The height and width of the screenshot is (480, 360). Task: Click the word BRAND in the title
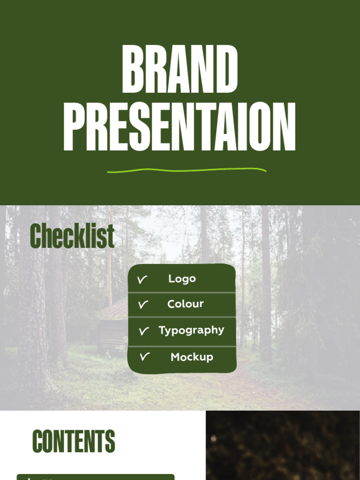tap(180, 70)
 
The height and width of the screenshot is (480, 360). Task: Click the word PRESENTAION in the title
tap(180, 127)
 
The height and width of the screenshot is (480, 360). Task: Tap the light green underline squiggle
tap(187, 170)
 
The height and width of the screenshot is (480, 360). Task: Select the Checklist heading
tap(72, 236)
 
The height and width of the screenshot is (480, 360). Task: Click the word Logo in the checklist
tap(182, 279)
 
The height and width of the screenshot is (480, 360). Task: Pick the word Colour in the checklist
tap(186, 304)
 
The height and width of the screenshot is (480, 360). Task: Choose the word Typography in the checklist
tap(191, 330)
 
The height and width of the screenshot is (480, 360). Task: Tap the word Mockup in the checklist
tap(192, 357)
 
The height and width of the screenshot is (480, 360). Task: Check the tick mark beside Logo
tap(142, 280)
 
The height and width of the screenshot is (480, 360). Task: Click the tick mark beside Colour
tap(143, 305)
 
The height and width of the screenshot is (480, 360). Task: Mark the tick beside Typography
tap(143, 331)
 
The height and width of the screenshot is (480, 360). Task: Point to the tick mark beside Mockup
tap(144, 357)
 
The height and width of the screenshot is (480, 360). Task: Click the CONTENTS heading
tap(74, 442)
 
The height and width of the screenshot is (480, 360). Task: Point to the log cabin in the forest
tap(112, 328)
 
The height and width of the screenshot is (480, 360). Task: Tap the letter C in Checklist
tap(36, 236)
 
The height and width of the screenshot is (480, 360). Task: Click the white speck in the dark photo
tap(214, 439)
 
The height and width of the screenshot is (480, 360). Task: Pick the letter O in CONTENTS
tap(50, 442)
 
